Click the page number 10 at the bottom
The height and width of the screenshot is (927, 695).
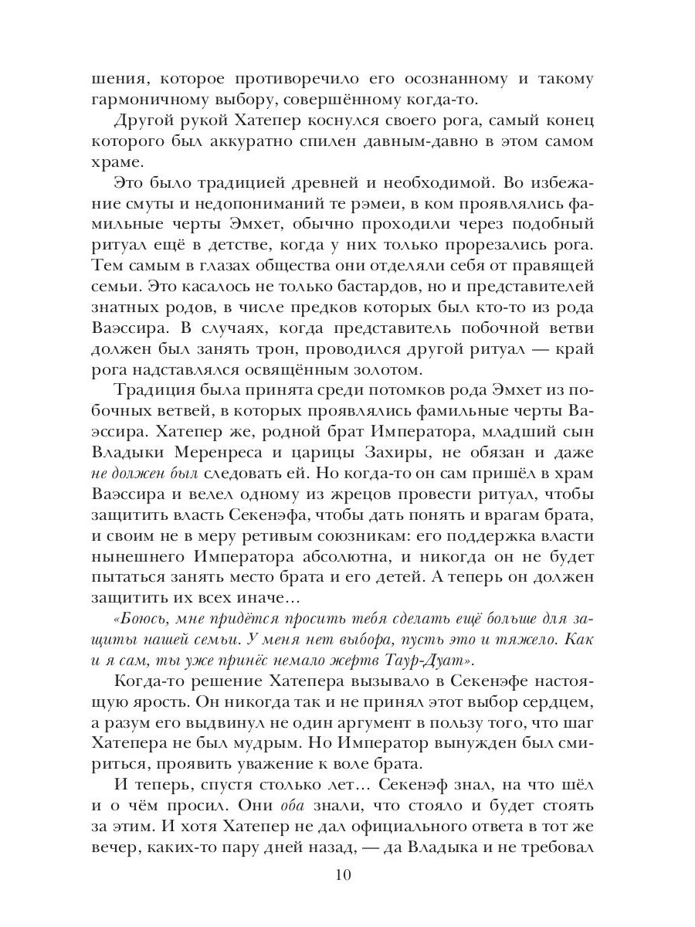click(344, 875)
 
